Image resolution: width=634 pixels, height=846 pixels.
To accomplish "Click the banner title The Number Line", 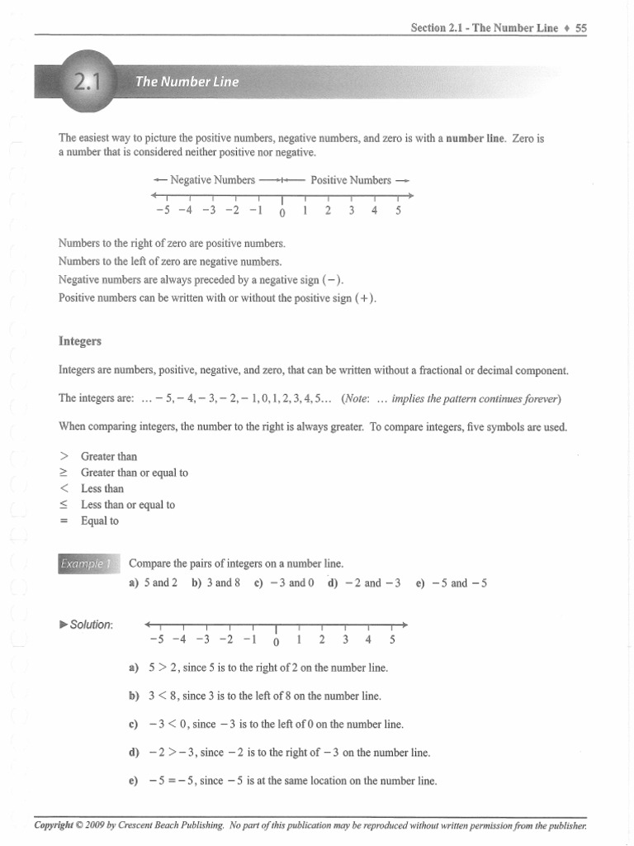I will (x=187, y=82).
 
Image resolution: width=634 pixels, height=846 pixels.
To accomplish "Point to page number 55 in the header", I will (x=581, y=28).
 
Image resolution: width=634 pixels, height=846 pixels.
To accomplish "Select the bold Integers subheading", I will (x=80, y=340).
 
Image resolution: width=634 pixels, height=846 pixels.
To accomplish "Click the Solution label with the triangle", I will (x=87, y=624).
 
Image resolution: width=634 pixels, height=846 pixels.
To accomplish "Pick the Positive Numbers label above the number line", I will (x=351, y=179).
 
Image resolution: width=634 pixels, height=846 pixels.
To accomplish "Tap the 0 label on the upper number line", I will (x=282, y=213).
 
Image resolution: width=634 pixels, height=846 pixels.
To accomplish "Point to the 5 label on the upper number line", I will (x=398, y=210).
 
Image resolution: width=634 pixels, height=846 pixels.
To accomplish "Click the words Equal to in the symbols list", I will (x=100, y=521).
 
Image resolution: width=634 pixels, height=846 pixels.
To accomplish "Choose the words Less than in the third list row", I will (x=102, y=489).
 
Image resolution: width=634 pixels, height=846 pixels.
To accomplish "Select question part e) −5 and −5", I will (x=452, y=582).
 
